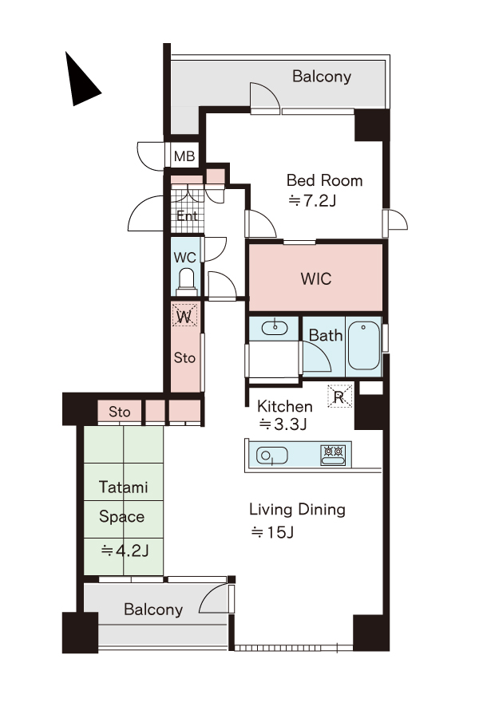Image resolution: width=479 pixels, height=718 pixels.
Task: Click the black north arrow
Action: pyautogui.click(x=79, y=82)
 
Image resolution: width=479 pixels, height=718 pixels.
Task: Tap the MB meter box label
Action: pyautogui.click(x=184, y=156)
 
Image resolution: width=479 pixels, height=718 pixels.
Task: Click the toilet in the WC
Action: pyautogui.click(x=186, y=282)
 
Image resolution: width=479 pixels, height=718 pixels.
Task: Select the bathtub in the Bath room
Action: pyautogui.click(x=363, y=345)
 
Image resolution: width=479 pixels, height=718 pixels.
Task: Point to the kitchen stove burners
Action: pyautogui.click(x=333, y=454)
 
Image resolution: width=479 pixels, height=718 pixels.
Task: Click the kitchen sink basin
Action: pyautogui.click(x=272, y=456)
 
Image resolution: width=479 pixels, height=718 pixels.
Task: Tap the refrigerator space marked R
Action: pyautogui.click(x=339, y=396)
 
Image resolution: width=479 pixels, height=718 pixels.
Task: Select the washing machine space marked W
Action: pyautogui.click(x=184, y=315)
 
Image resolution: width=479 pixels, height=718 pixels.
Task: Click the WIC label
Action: pyautogui.click(x=316, y=279)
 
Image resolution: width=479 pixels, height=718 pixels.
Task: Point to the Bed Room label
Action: pyautogui.click(x=325, y=180)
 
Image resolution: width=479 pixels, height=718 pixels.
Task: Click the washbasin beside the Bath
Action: pyautogui.click(x=274, y=328)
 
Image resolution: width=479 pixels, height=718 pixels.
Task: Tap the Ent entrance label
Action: pyautogui.click(x=187, y=215)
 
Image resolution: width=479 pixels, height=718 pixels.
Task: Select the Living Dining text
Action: pyautogui.click(x=297, y=510)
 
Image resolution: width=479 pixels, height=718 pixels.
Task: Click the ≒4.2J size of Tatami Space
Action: pyautogui.click(x=125, y=550)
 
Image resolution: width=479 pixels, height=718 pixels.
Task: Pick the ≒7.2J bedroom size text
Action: pyautogui.click(x=312, y=200)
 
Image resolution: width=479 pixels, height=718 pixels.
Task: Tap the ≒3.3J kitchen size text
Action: pyautogui.click(x=283, y=424)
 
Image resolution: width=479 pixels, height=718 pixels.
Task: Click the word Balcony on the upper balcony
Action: pyautogui.click(x=322, y=77)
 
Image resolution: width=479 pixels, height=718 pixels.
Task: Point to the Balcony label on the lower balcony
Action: pyautogui.click(x=153, y=610)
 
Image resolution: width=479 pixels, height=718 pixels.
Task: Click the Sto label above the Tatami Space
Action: pyautogui.click(x=119, y=412)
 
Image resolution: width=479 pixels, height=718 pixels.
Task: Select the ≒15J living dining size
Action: pyautogui.click(x=272, y=532)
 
